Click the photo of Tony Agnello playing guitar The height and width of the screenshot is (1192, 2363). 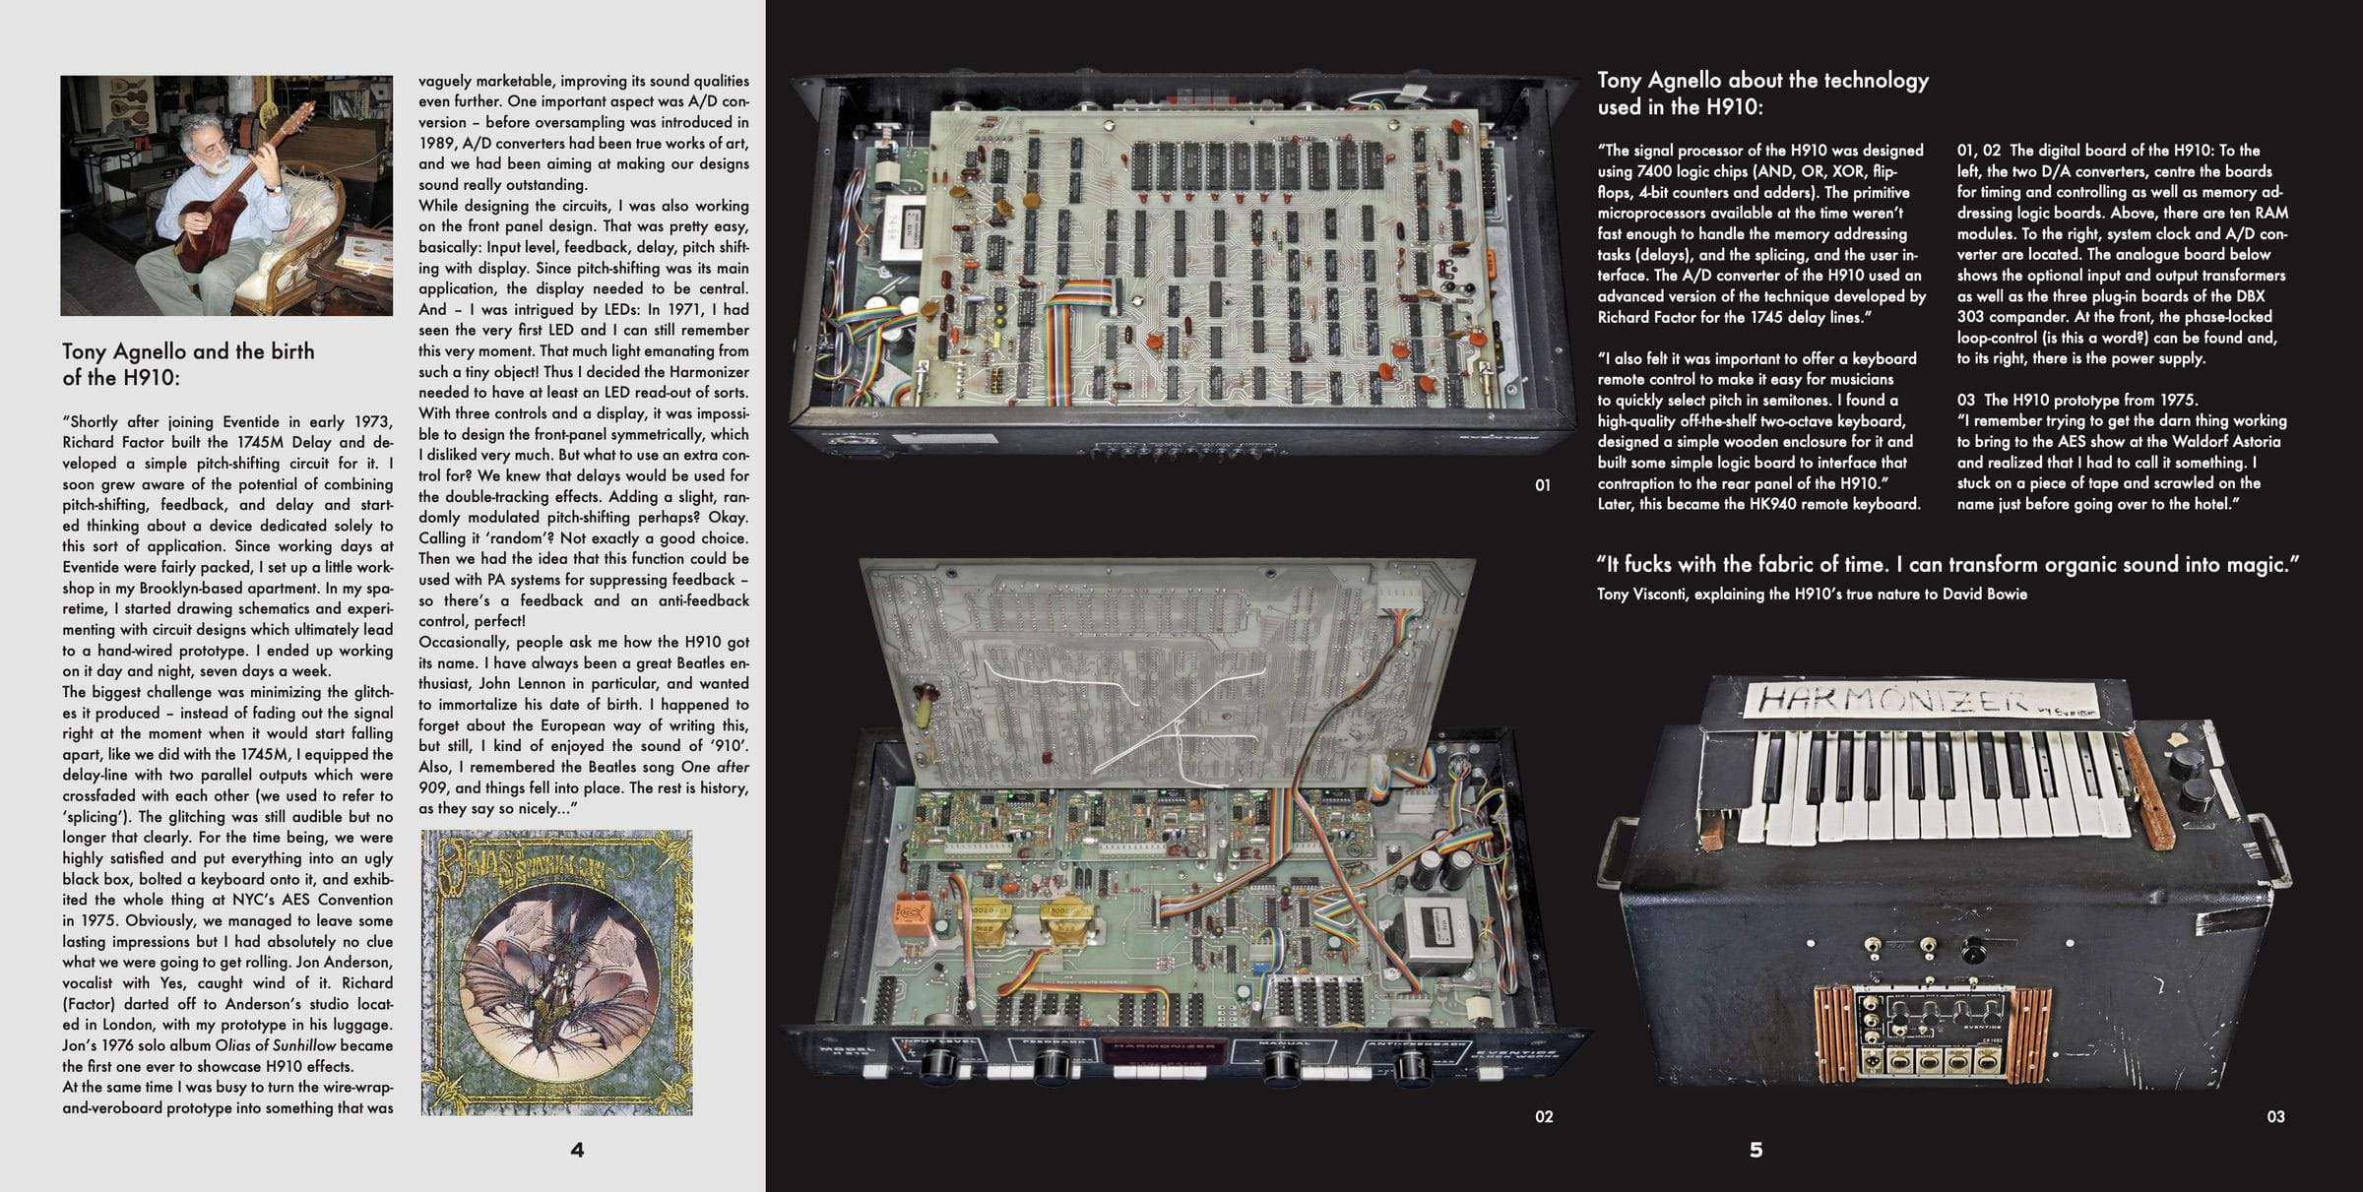click(226, 195)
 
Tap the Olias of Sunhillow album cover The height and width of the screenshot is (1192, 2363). click(556, 972)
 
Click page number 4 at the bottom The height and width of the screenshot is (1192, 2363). click(577, 1150)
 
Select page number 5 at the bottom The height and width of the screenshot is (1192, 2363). click(1756, 1150)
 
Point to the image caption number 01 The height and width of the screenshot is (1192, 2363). click(1543, 484)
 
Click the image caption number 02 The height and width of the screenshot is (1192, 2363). click(1544, 1116)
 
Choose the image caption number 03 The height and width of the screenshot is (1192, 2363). click(2275, 1116)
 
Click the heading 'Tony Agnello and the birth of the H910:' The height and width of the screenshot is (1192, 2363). click(189, 364)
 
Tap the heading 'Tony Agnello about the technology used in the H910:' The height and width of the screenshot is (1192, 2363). click(1762, 94)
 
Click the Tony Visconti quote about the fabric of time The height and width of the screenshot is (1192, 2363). click(1948, 564)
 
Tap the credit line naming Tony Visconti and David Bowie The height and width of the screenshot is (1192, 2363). click(1812, 595)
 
